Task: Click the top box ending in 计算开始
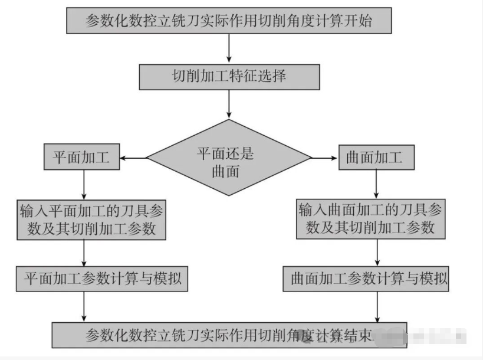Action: pos(229,22)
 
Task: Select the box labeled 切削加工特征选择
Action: pos(229,77)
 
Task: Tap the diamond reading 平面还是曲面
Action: pos(229,158)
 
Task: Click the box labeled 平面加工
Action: pos(81,158)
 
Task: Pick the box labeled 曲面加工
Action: pos(376,158)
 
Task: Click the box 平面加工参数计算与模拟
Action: pos(101,278)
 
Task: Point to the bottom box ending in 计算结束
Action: pos(229,335)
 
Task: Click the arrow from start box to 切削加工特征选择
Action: pos(229,49)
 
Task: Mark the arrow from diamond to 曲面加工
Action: pos(325,158)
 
